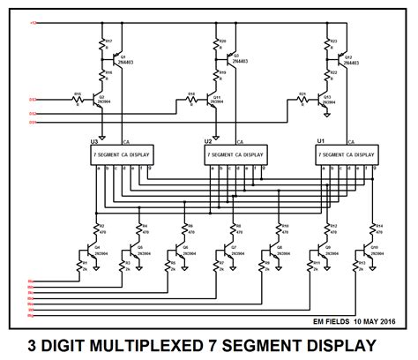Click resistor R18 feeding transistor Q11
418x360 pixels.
pyautogui.click(x=191, y=98)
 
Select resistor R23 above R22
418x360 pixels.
pyautogui.click(x=329, y=43)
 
